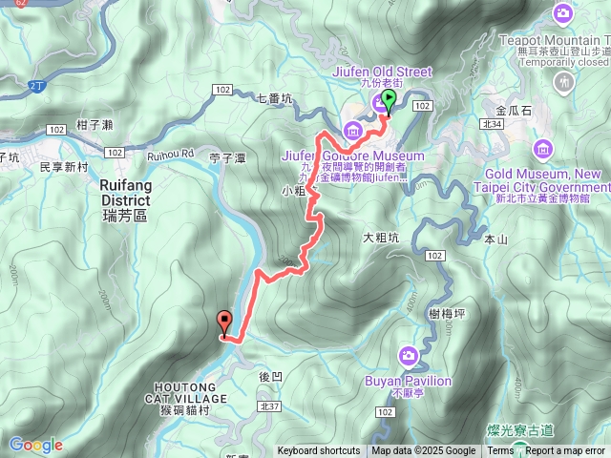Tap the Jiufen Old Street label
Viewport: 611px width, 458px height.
[x=384, y=72]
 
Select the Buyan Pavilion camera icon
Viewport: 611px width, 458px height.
[x=409, y=356]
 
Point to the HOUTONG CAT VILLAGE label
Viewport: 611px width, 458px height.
[x=188, y=391]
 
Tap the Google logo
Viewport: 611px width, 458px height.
[x=36, y=445]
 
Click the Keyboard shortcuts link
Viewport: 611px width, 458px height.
[x=319, y=451]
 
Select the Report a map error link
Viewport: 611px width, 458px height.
[x=565, y=451]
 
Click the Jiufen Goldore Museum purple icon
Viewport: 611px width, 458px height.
[x=352, y=130]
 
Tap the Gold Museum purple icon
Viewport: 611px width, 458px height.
[x=544, y=150]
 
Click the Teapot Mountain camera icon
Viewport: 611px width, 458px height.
[x=563, y=13]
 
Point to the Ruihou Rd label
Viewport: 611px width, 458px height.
[x=171, y=154]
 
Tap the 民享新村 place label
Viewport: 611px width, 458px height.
[x=64, y=166]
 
